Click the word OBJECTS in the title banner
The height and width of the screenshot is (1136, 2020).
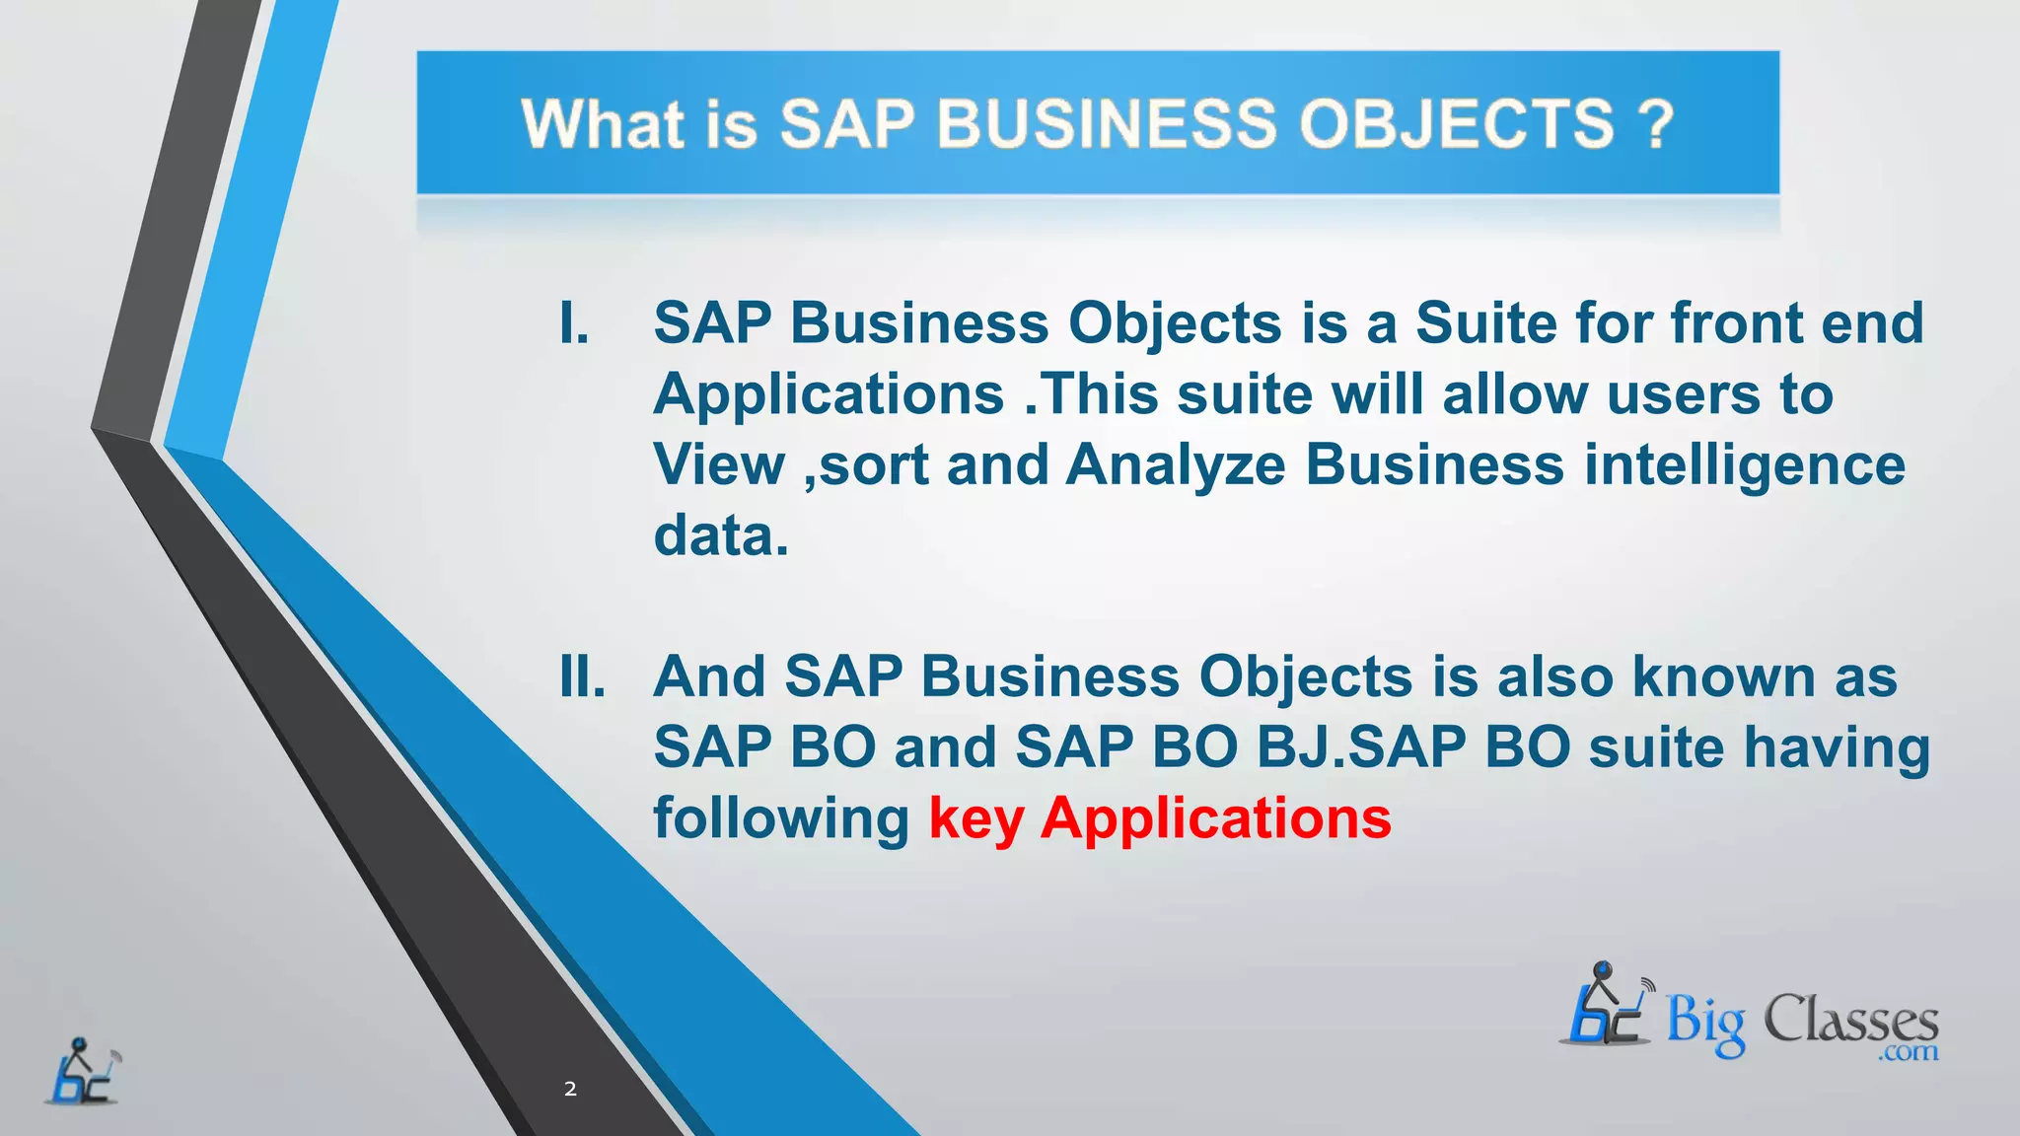[1456, 125]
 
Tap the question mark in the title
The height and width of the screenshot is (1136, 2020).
[1656, 125]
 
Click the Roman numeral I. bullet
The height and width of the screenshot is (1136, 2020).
[574, 323]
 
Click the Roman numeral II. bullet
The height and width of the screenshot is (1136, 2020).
[582, 676]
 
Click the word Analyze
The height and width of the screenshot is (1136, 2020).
[1176, 464]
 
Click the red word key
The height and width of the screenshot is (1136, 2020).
[975, 819]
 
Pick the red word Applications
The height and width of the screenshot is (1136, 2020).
[1216, 819]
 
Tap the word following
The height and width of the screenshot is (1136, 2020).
[781, 819]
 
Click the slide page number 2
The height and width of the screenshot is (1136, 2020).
[570, 1089]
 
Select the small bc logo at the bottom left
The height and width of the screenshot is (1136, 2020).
[83, 1072]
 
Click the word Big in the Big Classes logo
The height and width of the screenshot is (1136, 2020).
[1705, 1023]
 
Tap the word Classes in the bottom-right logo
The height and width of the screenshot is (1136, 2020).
[1850, 1020]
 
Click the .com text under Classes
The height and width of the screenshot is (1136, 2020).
[1909, 1053]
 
